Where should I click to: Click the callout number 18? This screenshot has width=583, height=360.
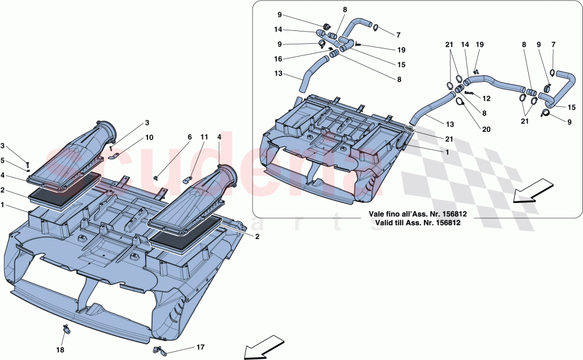60,350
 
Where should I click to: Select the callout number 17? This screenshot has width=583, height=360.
200,347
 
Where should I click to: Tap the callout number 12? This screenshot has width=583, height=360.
486,99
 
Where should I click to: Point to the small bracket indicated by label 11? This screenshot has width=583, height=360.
190,174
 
